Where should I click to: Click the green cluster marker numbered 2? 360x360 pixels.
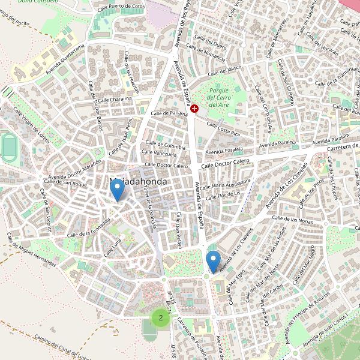point(160,317)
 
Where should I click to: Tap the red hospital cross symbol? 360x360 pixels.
point(195,108)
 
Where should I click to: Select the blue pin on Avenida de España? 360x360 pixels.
point(213,262)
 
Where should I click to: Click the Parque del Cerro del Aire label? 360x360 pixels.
point(219,97)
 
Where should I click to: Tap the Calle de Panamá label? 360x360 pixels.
point(170,113)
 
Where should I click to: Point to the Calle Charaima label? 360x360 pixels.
point(115,100)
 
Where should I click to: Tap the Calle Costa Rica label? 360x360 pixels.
point(223,128)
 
